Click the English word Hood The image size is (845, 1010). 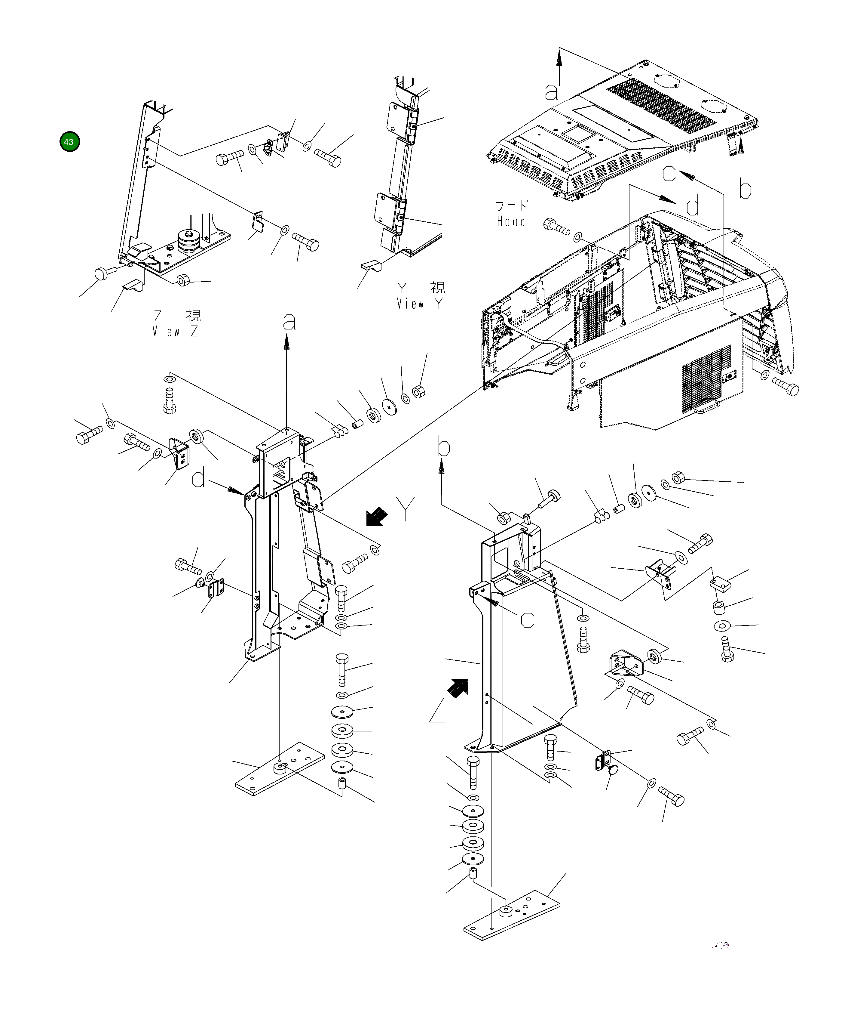(511, 222)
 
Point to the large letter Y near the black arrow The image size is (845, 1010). (406, 509)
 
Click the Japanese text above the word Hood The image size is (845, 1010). (511, 206)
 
